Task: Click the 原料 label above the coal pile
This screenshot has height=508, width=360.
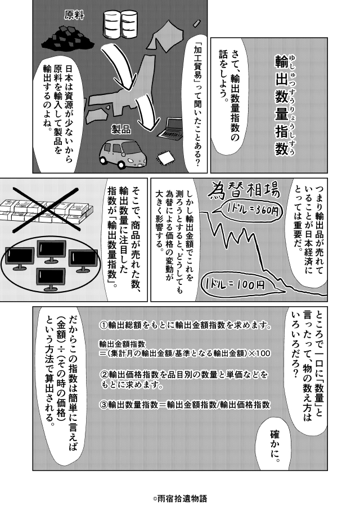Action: point(74,15)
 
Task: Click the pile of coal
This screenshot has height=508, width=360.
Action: point(67,38)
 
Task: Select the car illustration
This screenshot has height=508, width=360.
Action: point(123,153)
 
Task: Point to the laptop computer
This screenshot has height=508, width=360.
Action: point(170,129)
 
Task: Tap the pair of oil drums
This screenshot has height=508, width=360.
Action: point(120,24)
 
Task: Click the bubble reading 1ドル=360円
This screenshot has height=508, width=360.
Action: point(249,212)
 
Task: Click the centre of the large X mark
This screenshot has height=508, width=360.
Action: point(46,209)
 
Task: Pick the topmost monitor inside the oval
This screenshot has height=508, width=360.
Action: point(51,251)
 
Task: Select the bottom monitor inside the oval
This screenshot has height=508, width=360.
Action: point(51,278)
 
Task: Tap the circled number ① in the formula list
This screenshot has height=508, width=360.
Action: point(103,325)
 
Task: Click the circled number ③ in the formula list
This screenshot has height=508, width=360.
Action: point(103,405)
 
